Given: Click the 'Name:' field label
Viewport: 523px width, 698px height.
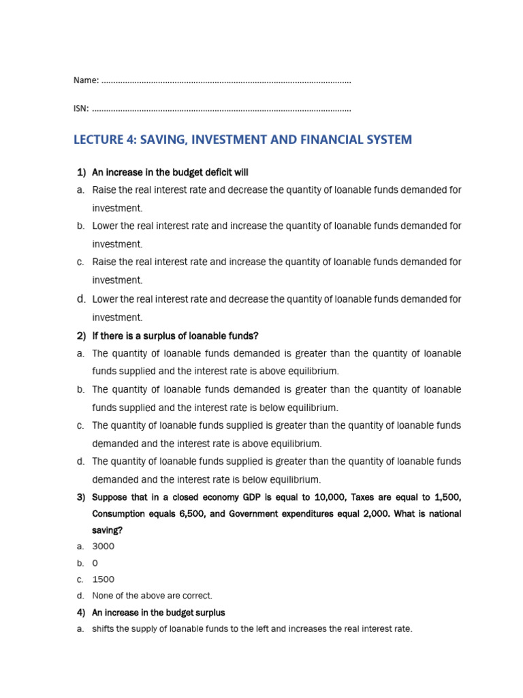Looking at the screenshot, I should point(86,81).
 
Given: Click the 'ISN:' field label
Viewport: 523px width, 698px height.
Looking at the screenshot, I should point(81,108).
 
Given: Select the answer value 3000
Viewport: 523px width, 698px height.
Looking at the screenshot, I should point(104,546).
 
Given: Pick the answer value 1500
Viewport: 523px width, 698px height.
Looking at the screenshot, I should point(104,579).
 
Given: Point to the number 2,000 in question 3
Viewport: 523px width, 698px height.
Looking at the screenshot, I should point(385,513).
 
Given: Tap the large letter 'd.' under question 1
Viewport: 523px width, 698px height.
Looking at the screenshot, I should point(81,298).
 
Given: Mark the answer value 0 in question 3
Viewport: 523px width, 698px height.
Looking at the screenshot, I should point(95,563).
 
